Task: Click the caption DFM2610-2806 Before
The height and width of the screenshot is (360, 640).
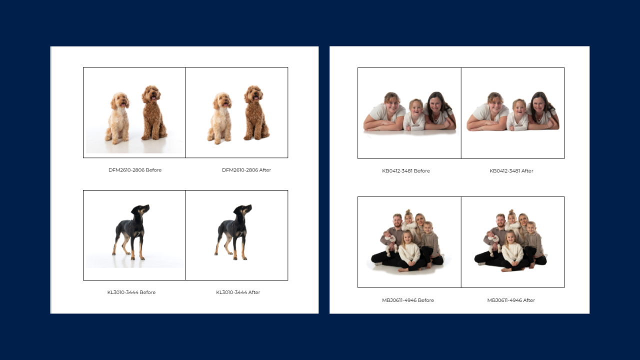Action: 135,170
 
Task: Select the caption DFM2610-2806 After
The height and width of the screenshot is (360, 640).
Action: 246,170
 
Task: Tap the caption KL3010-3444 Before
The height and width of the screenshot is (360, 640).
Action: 131,292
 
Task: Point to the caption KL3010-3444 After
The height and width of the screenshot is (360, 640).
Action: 238,292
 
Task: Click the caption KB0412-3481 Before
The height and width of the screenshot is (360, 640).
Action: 405,171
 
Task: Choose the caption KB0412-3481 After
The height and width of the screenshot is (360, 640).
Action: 511,171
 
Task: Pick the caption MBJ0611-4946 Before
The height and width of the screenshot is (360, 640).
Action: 407,300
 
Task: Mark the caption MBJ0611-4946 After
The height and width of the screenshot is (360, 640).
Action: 511,300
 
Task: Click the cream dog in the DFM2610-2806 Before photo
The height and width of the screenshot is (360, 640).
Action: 117,117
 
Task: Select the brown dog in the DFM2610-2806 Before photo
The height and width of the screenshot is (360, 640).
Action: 153,112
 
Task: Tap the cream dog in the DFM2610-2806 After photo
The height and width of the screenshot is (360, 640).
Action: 220,117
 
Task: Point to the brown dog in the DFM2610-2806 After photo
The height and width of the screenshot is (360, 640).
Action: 255,112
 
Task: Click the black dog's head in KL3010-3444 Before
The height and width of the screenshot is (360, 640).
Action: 140,210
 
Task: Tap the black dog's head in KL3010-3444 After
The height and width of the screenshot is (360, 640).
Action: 242,210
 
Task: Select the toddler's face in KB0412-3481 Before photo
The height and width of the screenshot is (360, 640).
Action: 416,107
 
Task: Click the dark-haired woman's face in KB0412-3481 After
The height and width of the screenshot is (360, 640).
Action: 538,105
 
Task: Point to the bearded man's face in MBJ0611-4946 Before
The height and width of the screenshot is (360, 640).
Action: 397,221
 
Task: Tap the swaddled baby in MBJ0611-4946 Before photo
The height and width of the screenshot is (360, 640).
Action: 389,241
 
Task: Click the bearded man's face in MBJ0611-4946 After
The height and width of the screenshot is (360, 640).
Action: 500,221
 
